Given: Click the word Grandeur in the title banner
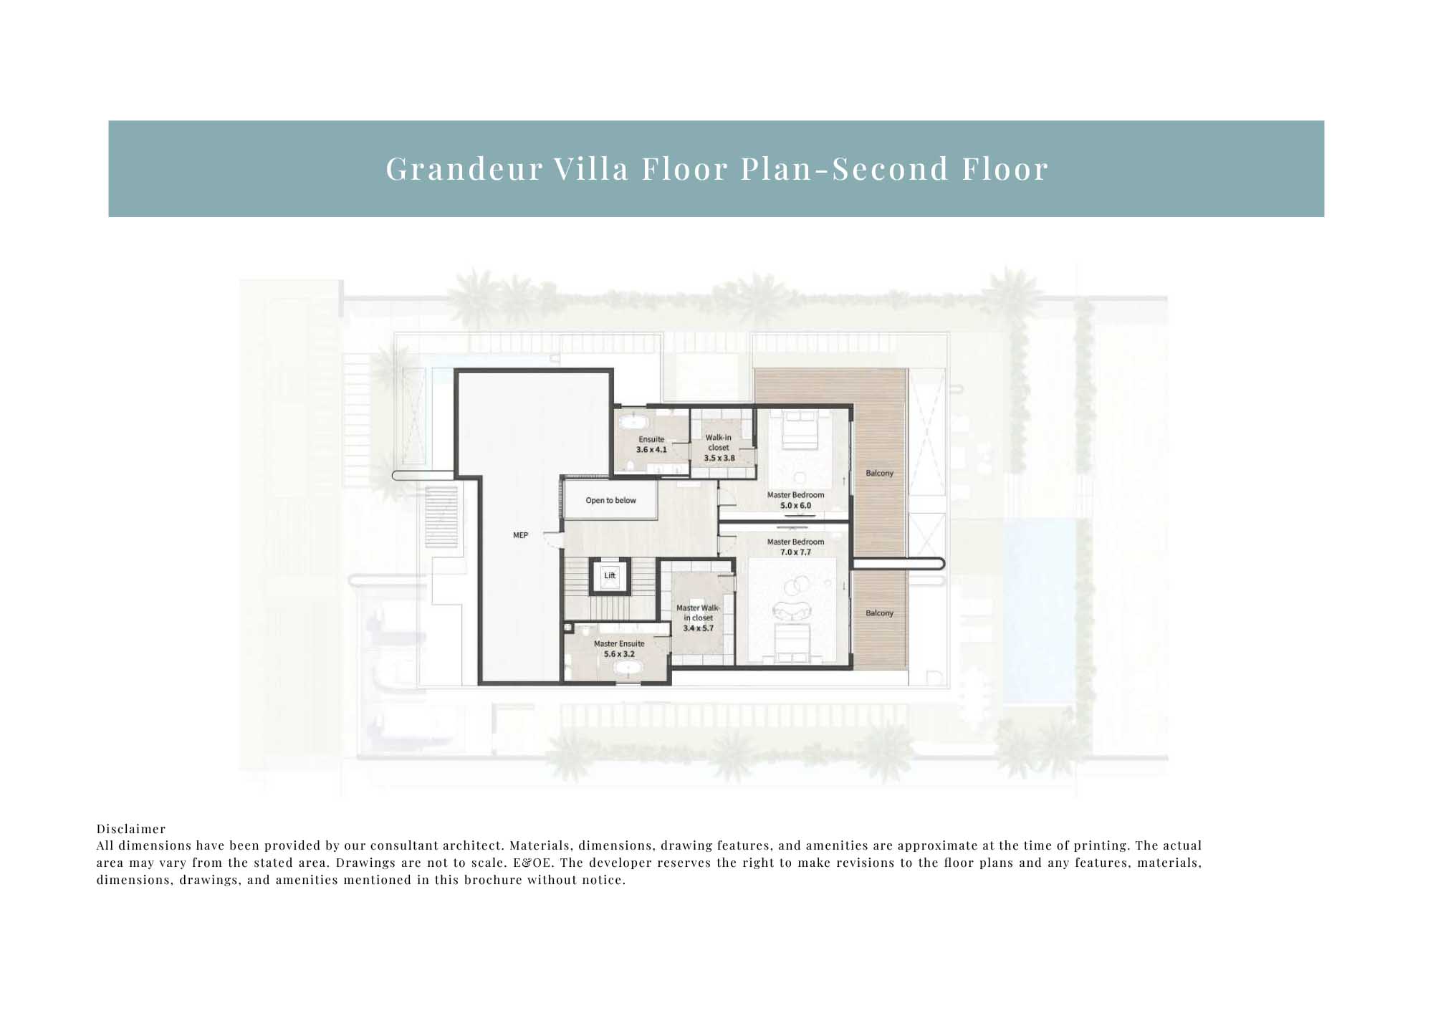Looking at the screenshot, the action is point(464,169).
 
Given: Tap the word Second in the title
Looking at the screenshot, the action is point(890,169).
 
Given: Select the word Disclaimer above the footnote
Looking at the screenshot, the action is point(131,829).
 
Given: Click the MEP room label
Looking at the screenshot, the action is point(521,535).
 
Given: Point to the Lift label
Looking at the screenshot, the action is point(610,575).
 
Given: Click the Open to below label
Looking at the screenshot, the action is point(610,501).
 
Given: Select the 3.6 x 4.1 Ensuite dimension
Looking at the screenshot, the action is point(651,450).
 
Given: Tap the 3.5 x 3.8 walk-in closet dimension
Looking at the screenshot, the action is point(719,459).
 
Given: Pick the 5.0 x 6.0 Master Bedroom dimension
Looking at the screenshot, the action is point(795,506).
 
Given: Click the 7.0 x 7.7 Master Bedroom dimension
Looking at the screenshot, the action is point(795,552).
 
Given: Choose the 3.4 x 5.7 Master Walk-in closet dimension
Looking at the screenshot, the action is point(698,628).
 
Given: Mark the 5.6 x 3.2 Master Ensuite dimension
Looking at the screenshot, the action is point(619,654).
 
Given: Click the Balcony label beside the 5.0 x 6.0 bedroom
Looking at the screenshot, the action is point(879,474).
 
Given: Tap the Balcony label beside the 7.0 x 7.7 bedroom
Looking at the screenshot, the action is point(879,613).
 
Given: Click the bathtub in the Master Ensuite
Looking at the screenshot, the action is point(628,669).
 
